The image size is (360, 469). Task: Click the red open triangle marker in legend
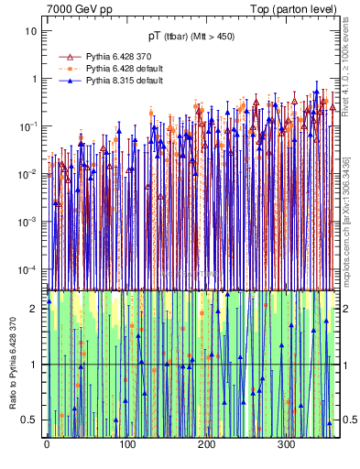click(x=66, y=57)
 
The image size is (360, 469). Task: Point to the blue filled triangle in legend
click(x=66, y=81)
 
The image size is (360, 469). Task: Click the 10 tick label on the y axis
click(x=31, y=30)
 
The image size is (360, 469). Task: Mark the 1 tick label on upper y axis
click(x=34, y=78)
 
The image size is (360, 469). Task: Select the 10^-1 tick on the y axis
click(x=28, y=125)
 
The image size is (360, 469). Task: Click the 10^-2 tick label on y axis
click(x=28, y=173)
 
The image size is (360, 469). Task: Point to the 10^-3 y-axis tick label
click(x=28, y=221)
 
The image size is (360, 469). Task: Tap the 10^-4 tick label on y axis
click(x=28, y=268)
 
